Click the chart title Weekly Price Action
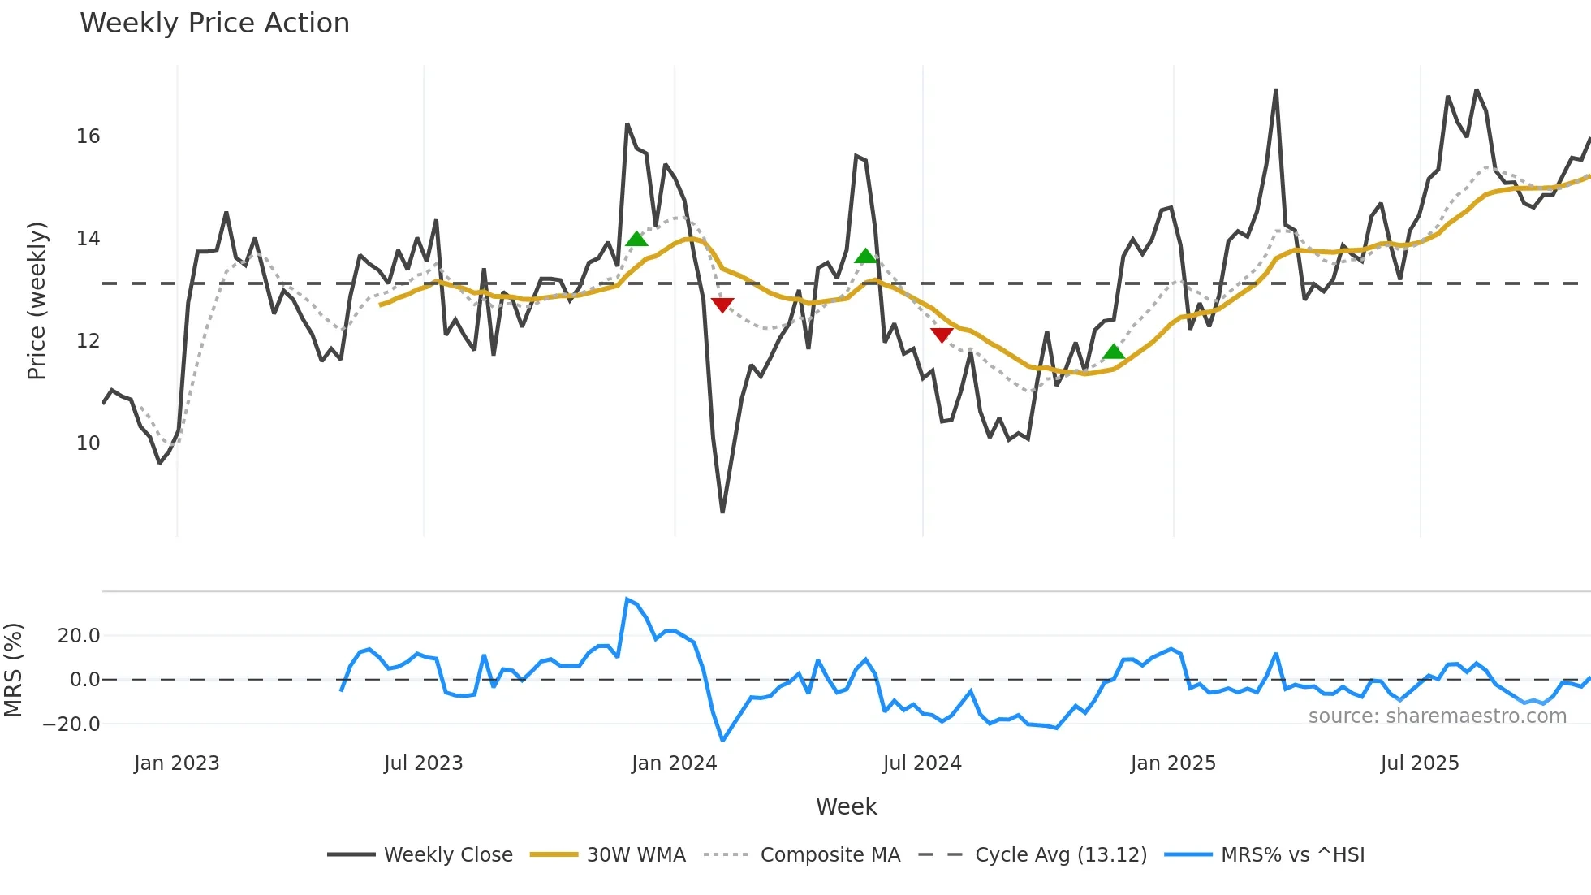tap(214, 24)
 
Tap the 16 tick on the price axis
tap(88, 136)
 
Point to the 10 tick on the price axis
tap(88, 443)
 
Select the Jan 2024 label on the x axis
tap(674, 763)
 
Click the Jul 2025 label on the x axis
tap(1419, 763)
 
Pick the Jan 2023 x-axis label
tap(176, 763)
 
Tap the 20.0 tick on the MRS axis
tap(78, 636)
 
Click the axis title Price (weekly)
tap(37, 300)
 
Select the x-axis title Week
tap(846, 806)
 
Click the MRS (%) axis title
tap(13, 670)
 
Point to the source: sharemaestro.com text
tap(1437, 716)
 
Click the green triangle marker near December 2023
tap(636, 239)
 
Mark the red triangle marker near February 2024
tap(722, 305)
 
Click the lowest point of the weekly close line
tap(722, 512)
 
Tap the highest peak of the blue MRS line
tap(627, 599)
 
